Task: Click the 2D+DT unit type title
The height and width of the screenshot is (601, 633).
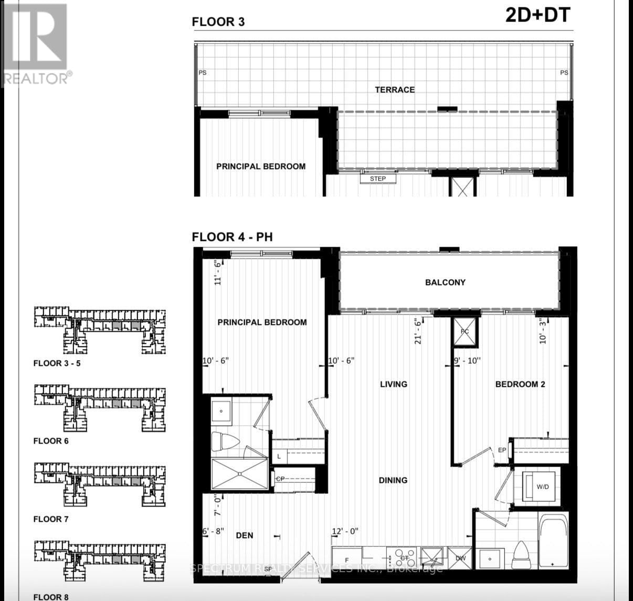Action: tap(537, 15)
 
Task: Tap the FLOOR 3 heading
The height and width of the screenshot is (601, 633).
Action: tap(218, 22)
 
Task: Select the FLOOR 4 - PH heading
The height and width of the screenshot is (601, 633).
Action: tap(232, 237)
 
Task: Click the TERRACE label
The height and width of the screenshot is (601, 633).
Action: tap(395, 90)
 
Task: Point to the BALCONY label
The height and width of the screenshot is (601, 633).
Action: tap(445, 282)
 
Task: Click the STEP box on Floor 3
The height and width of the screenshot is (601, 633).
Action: tap(378, 179)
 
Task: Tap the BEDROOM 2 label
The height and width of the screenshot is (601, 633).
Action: tap(520, 384)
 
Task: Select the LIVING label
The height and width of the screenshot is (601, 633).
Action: tap(394, 384)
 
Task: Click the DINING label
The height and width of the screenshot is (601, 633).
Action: tap(393, 480)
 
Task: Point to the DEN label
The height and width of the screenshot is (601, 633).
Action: tap(245, 535)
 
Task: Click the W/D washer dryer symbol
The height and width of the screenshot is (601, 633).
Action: tap(542, 487)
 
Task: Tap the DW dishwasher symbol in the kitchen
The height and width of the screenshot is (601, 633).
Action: tap(460, 558)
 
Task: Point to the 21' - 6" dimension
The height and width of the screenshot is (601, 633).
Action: tap(418, 331)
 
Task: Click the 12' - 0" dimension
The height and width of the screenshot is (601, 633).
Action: tap(345, 531)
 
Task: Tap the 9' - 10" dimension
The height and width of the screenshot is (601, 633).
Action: tap(467, 361)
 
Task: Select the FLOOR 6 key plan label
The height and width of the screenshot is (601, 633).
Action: tap(51, 441)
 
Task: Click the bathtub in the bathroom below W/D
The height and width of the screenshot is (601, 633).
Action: tap(554, 540)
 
